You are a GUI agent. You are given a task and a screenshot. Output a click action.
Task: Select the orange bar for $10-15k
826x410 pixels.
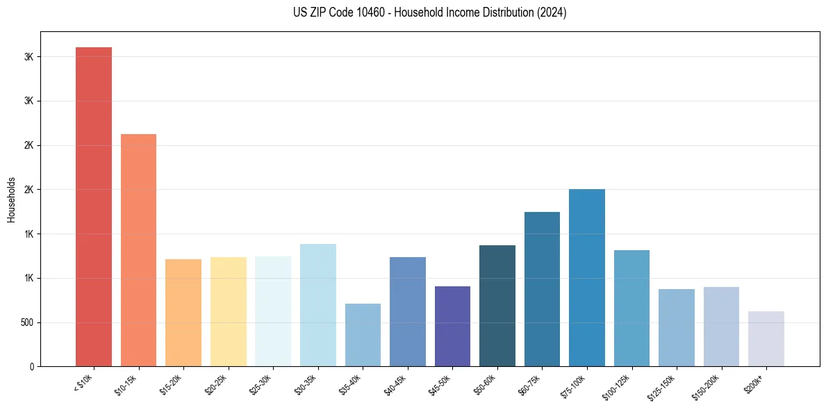point(138,250)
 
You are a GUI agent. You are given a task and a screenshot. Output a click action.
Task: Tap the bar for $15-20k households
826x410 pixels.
point(183,313)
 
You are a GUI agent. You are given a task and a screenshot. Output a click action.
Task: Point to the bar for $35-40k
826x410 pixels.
point(363,335)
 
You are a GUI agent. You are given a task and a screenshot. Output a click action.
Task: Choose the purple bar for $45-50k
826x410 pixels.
point(452,326)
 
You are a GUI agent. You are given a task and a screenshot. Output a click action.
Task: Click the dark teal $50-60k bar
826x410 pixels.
point(497,306)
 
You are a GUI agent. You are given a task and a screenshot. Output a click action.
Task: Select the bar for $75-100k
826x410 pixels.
point(587,277)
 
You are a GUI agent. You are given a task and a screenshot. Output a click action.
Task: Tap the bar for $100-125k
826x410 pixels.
point(631,308)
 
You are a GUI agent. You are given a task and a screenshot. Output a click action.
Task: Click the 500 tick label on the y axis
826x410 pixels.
point(26,322)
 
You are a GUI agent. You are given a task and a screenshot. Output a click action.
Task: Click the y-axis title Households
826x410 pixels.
point(11,199)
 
